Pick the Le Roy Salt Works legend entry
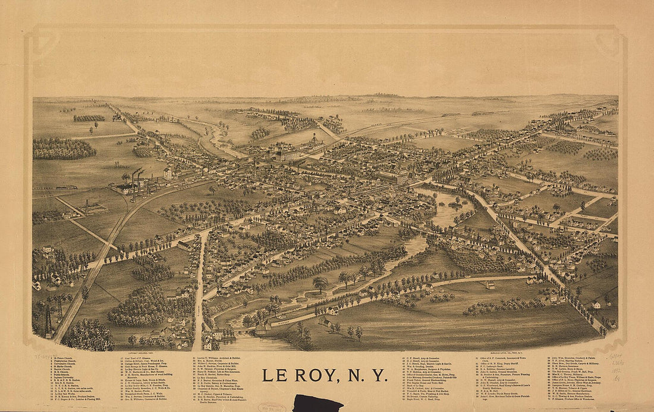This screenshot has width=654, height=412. point(65,394)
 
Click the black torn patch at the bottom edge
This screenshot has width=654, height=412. point(318,405)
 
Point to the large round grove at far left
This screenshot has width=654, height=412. point(64,148)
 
